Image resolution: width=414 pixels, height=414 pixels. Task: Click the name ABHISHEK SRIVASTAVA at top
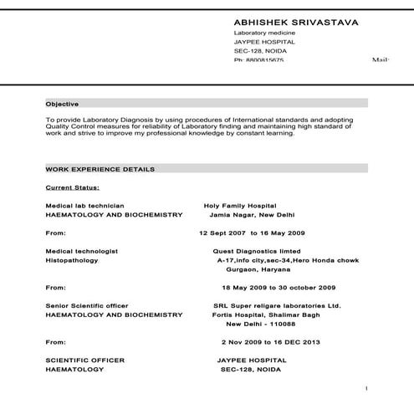coord(296,22)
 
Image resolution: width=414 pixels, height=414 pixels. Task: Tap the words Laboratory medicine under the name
coord(263,33)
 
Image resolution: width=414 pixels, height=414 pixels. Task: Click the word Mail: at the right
coord(381,60)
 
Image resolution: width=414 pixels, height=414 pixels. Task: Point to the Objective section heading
coord(62,104)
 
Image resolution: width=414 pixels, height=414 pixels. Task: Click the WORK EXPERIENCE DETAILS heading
coord(100,169)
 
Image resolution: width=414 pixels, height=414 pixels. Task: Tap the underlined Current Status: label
coord(73,187)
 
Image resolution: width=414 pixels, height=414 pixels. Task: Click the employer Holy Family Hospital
coord(239,205)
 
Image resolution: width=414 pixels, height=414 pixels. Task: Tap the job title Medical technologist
coord(82,251)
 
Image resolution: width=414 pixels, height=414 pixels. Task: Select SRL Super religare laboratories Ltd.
coord(277,305)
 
